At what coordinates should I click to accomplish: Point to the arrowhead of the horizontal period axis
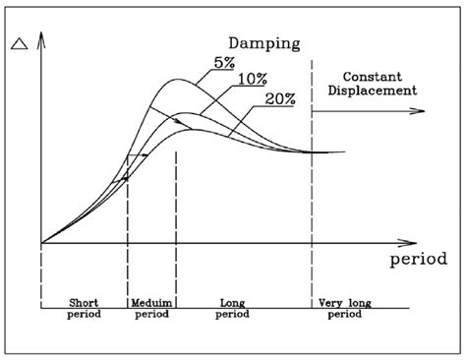(x=407, y=241)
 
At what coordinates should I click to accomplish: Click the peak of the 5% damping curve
(x=177, y=80)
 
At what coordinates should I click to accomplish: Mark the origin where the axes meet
(x=40, y=242)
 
